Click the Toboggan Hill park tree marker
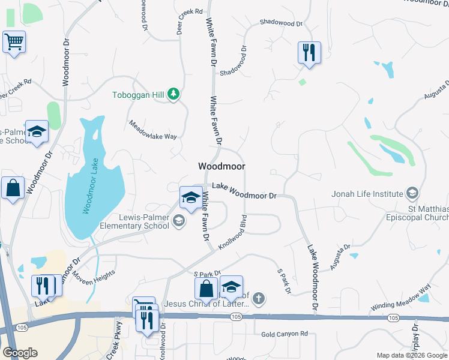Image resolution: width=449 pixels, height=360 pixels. pyautogui.click(x=173, y=94)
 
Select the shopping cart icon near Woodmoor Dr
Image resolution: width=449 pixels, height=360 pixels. pyautogui.click(x=13, y=43)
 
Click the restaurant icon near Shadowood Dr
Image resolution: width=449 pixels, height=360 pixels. pyautogui.click(x=309, y=52)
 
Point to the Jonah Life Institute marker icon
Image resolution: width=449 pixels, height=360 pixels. pyautogui.click(x=412, y=193)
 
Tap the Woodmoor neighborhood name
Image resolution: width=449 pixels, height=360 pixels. pyautogui.click(x=221, y=166)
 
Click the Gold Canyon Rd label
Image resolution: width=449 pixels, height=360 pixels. pyautogui.click(x=285, y=334)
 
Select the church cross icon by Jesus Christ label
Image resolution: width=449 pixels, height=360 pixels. pyautogui.click(x=259, y=298)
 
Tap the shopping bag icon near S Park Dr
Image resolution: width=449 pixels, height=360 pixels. pyautogui.click(x=206, y=288)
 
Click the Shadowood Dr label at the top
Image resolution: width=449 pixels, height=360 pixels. pyautogui.click(x=281, y=23)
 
